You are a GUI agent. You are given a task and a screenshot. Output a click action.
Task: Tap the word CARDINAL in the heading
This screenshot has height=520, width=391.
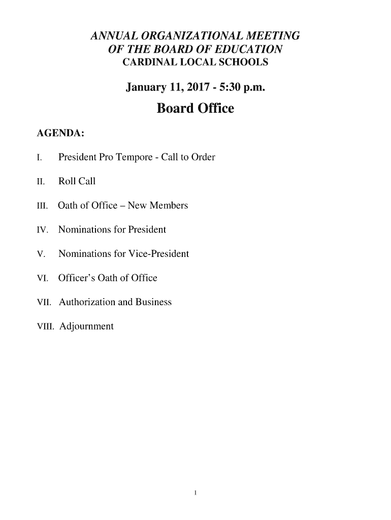tap(148, 62)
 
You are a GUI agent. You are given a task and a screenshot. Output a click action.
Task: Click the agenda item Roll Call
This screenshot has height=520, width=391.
tap(77, 181)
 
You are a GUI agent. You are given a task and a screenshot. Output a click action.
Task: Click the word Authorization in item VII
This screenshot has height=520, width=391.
tap(87, 302)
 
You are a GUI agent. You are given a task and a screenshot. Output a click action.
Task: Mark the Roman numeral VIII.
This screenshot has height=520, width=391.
tap(46, 327)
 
